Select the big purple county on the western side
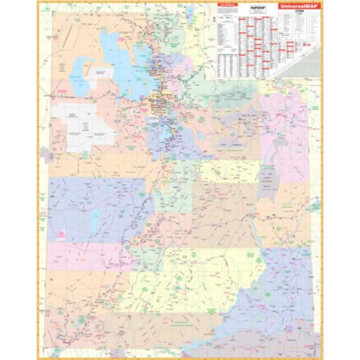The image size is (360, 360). (94, 208)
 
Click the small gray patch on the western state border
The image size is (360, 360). (47, 155)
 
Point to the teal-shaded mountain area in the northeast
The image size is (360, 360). (233, 94)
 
